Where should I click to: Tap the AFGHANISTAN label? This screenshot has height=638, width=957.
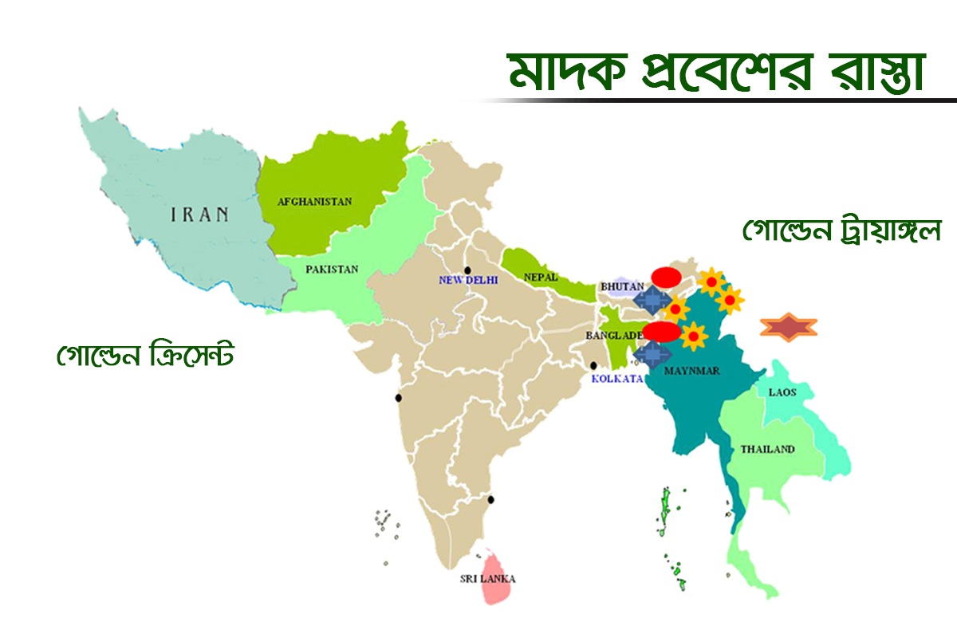pos(314,202)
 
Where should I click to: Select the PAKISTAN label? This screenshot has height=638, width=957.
pos(332,270)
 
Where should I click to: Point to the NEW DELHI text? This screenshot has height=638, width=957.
pos(468,280)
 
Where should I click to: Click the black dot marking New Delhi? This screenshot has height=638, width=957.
pos(468,269)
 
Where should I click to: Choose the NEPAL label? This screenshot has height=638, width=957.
pos(541,277)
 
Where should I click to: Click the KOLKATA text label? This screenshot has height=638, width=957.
pos(617,379)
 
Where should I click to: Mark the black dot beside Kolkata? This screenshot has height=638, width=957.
pos(593,366)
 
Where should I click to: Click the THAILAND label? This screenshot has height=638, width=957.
pos(767,449)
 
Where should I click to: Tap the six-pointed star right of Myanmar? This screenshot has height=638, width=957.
pos(789,327)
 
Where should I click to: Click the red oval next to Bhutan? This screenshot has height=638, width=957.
pos(666,277)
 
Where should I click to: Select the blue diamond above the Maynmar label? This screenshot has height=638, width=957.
pos(653,352)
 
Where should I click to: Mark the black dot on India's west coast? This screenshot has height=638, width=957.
pos(398,398)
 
